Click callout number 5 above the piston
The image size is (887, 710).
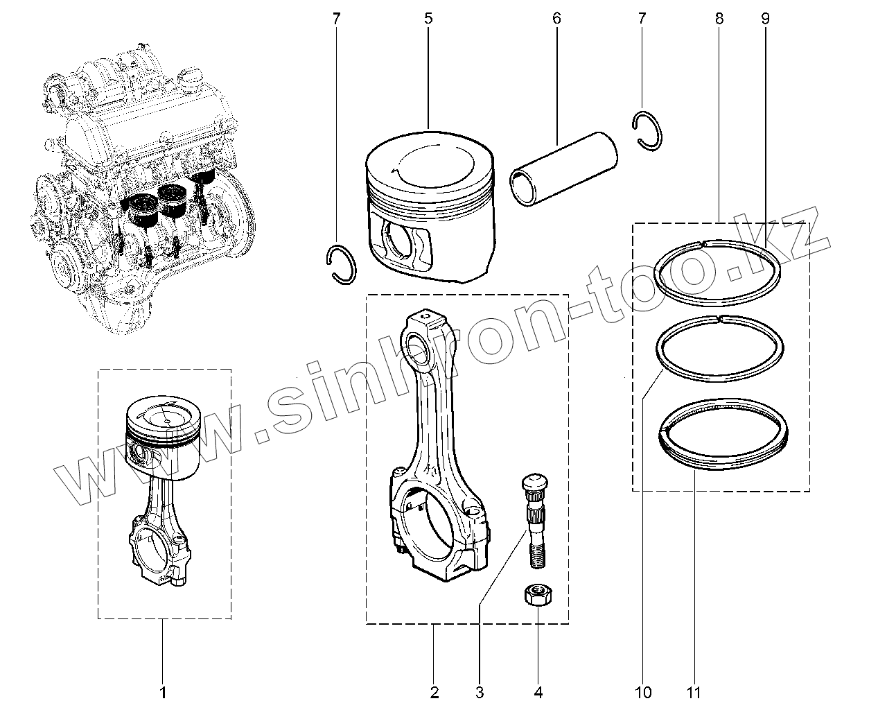point(428,19)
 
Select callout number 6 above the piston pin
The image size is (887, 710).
point(556,19)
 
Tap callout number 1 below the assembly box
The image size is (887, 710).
point(163,691)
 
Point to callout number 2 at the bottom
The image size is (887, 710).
point(434,691)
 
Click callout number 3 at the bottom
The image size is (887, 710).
point(480,691)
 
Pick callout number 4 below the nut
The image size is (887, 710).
point(538,691)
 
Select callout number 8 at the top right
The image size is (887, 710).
point(719,19)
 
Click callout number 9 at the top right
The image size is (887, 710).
point(765,19)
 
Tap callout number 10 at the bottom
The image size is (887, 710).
point(642,691)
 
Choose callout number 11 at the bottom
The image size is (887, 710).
point(694,691)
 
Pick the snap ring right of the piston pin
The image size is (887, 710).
point(649,129)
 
